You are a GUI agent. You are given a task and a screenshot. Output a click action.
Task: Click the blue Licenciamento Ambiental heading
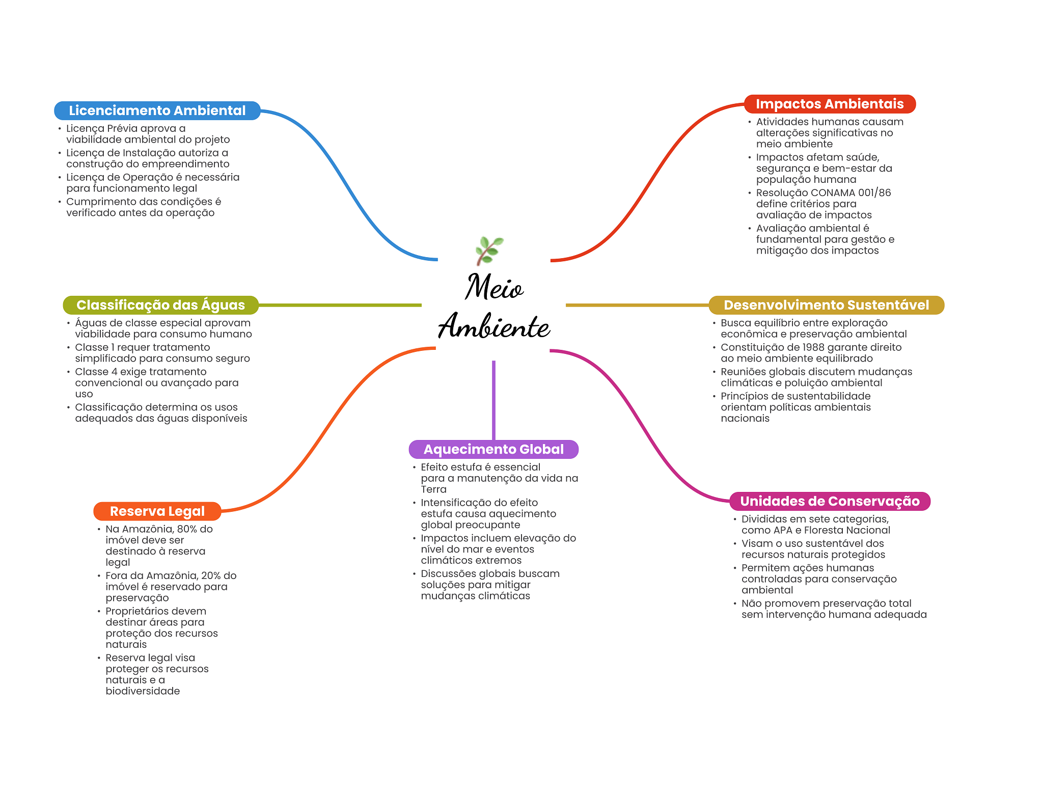coord(157,111)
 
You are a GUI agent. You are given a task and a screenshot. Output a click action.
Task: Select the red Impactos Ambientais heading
coord(830,104)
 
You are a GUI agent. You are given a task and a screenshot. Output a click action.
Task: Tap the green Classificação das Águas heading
coord(160,305)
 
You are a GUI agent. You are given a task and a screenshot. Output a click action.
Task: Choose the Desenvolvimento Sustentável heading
coord(826,305)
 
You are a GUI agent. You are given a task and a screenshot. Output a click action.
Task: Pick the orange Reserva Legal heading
coord(157,511)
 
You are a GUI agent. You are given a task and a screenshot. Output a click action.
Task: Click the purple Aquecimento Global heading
coord(493,449)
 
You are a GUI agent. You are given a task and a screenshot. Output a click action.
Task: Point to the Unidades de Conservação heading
coord(830,501)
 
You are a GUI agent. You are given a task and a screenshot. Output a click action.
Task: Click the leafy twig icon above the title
coord(489,251)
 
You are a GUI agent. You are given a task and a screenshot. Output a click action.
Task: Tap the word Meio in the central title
coord(494,287)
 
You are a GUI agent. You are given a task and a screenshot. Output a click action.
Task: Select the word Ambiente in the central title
coord(494,326)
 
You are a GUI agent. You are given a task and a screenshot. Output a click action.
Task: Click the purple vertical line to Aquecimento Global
coord(493,400)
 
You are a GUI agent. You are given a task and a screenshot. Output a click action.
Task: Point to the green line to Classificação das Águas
coord(340,305)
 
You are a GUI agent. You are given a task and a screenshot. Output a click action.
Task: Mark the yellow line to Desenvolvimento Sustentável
coord(637,305)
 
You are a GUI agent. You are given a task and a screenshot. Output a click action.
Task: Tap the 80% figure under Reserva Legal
coord(187,529)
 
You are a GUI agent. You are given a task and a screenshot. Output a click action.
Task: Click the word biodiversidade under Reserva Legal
coord(143,691)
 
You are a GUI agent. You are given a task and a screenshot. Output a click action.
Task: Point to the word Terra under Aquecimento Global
coord(433,489)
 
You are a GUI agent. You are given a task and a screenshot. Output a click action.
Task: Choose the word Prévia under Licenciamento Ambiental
coord(122,128)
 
